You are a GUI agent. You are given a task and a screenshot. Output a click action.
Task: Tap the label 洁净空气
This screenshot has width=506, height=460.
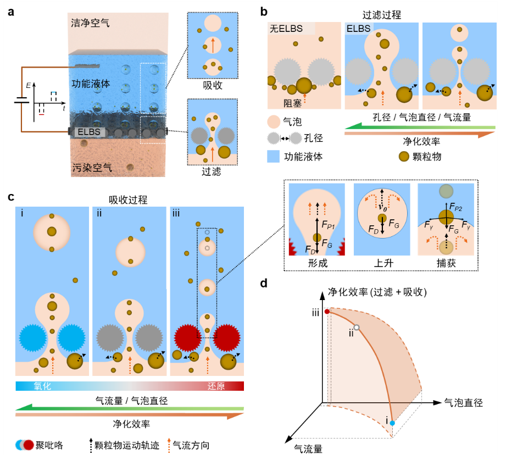[x=90, y=24]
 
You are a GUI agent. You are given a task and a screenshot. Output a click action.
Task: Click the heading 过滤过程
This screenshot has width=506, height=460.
[x=382, y=15]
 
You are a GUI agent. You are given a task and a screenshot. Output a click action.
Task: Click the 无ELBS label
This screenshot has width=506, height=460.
[x=286, y=29]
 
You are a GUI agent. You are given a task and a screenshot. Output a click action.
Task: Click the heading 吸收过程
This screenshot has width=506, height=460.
[x=129, y=198]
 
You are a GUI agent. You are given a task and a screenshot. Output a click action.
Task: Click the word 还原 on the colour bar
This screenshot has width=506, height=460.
[x=216, y=386]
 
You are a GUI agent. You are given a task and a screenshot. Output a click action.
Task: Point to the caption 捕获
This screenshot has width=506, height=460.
[x=446, y=263]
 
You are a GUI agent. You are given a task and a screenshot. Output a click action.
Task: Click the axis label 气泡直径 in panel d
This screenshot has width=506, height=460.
[x=463, y=403]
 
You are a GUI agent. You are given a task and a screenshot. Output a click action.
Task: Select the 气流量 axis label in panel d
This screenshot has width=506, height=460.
[x=307, y=449]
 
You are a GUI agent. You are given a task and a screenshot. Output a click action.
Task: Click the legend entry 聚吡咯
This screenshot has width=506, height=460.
[x=50, y=445]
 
